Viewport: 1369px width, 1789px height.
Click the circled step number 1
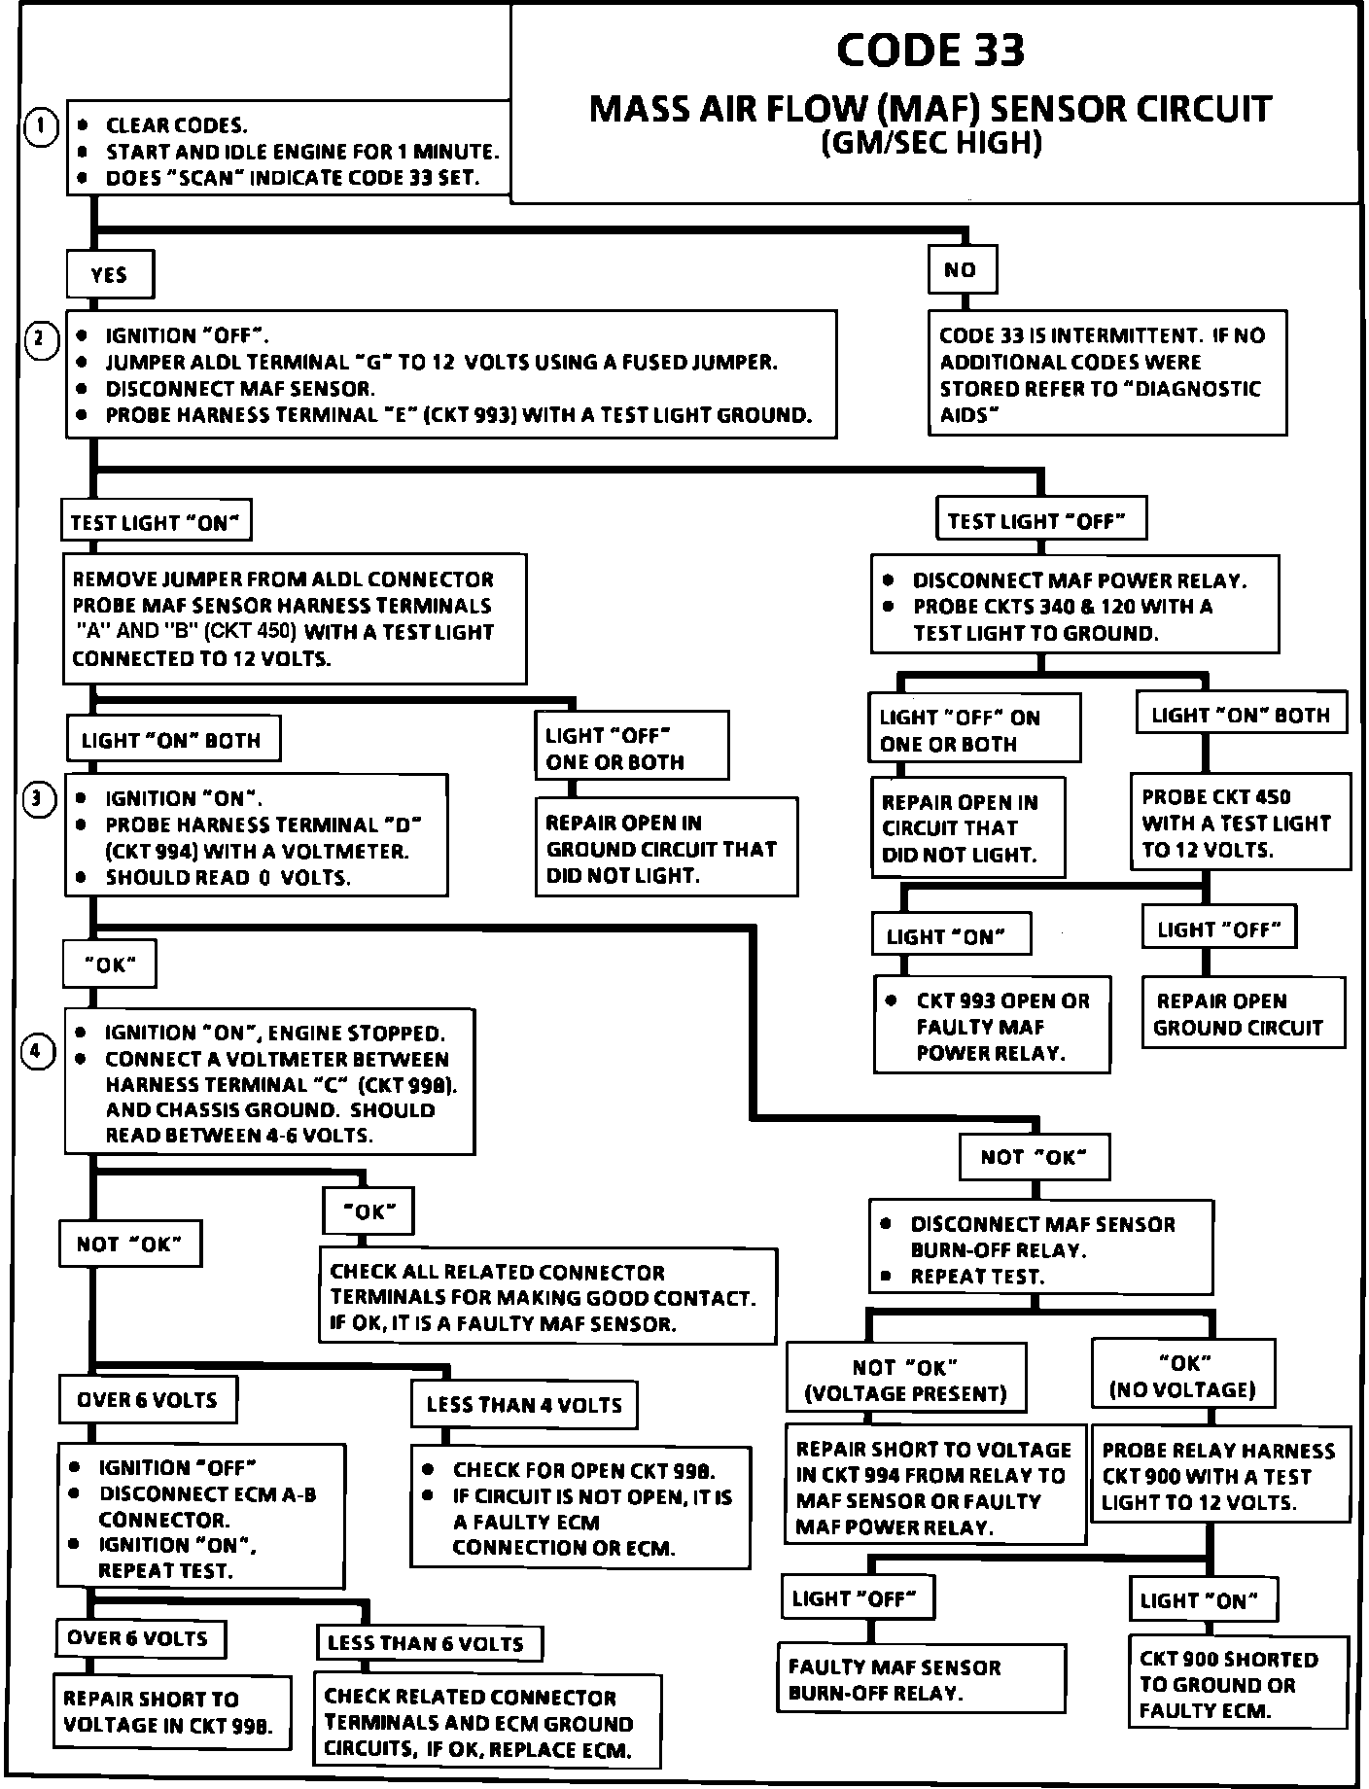(x=41, y=127)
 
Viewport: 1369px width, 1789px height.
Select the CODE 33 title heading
(x=930, y=51)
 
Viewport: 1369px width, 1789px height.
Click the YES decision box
(x=110, y=275)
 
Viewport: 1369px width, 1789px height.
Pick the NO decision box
(x=961, y=270)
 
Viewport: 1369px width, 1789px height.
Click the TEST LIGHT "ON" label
(x=155, y=522)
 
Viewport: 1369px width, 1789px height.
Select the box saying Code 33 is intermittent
(x=1106, y=374)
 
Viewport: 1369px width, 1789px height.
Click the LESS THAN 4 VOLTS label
(x=524, y=1405)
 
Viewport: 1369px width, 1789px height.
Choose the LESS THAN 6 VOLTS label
(x=426, y=1643)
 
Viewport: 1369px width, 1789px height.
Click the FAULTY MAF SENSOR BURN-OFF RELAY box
(x=921, y=1679)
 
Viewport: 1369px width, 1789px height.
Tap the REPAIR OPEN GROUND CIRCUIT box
(x=1242, y=1014)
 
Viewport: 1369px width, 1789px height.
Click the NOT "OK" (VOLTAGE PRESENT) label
(x=905, y=1380)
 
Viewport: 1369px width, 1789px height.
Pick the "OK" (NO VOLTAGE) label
(x=1182, y=1376)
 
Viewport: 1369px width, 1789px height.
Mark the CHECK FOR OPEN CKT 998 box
(x=579, y=1508)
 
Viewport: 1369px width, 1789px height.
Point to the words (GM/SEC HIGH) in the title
(x=930, y=144)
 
